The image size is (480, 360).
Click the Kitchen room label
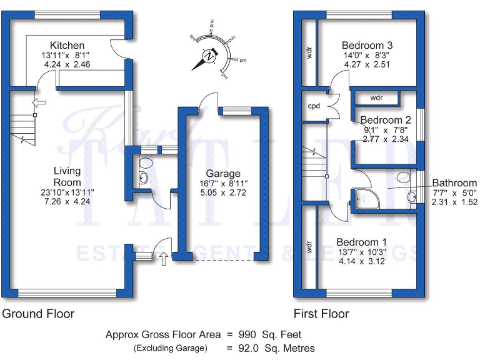[67, 46]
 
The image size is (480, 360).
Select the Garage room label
[223, 174]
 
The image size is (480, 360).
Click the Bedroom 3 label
[367, 45]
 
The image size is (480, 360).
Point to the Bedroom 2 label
[386, 120]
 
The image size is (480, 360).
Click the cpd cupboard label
[314, 106]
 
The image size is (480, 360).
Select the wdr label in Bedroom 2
[376, 98]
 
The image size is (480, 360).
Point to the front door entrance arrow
[164, 258]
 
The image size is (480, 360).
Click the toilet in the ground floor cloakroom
[146, 163]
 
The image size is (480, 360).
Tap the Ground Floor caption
[38, 314]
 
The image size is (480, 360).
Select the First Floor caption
[321, 314]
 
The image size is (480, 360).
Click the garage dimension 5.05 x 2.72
[223, 194]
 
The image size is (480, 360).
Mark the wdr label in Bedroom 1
[309, 247]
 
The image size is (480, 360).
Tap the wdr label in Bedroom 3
[309, 53]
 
